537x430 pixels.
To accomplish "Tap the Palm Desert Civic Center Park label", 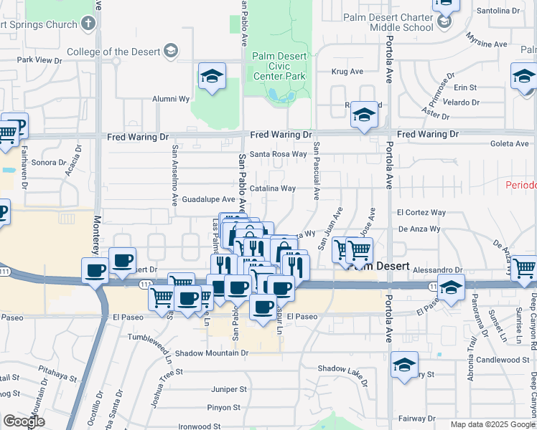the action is coord(279,67).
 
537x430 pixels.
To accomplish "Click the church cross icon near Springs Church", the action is coord(88,24).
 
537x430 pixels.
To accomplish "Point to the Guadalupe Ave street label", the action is coord(208,199).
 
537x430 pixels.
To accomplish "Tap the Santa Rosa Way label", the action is coord(278,153).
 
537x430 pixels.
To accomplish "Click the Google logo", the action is coord(24,421).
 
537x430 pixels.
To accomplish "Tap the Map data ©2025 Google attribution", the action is coord(492,424).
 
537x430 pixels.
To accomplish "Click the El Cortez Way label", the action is coord(421,213).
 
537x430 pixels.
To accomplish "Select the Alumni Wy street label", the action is coord(170,100).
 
